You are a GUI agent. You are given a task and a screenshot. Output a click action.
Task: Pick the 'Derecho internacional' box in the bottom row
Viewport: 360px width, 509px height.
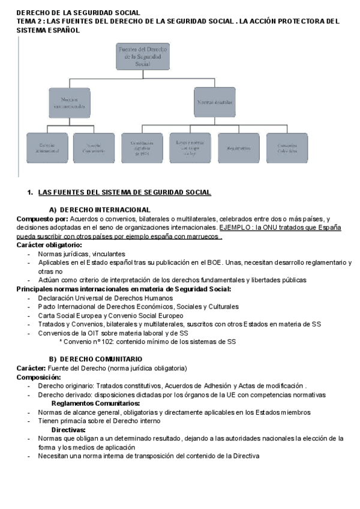point(47,148)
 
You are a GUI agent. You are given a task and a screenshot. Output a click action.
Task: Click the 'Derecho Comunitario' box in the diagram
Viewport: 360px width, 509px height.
point(94,148)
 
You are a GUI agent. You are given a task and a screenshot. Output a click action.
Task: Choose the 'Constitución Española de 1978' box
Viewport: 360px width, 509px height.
point(142,148)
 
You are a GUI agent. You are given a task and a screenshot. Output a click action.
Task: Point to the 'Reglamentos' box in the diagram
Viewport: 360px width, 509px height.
point(238,148)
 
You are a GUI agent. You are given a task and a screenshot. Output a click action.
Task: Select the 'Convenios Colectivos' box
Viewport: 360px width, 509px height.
point(287,148)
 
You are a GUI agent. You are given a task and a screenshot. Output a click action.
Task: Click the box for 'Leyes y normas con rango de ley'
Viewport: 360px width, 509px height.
point(190,148)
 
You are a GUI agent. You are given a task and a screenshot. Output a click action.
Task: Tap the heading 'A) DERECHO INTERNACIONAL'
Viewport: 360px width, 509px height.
point(99,209)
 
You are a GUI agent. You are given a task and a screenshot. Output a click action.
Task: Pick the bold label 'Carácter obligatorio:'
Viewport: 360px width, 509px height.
point(49,245)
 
